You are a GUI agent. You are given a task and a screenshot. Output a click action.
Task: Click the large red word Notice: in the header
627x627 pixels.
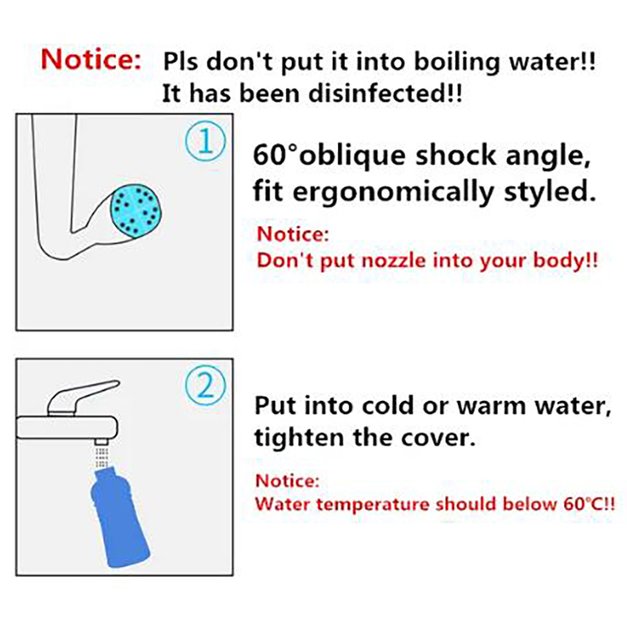91,59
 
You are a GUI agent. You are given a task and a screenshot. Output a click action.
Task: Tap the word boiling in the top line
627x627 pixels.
457,63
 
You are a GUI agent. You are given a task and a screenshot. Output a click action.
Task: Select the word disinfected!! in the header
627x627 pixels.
385,93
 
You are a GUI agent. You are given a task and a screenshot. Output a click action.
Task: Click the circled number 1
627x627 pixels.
206,141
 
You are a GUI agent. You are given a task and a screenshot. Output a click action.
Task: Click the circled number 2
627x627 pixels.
206,386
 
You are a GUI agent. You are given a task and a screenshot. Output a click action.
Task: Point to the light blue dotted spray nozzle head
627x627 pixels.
136,211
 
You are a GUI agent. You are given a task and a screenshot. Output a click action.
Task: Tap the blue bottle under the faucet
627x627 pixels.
119,517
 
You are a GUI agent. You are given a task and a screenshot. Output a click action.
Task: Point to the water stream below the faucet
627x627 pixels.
102,457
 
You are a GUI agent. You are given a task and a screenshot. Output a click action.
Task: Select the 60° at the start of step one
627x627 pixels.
276,155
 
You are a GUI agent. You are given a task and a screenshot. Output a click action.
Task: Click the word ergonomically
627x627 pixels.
394,193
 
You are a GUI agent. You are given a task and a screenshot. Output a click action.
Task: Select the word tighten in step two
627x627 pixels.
299,438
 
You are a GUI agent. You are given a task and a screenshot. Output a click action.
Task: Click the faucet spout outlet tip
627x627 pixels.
102,441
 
